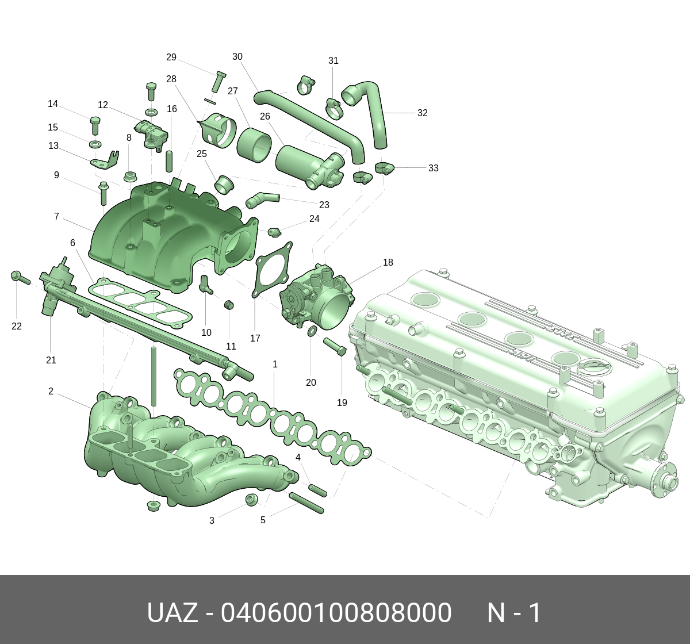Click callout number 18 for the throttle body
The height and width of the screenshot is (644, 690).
[x=388, y=262]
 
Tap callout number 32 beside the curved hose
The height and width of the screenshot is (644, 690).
[x=422, y=113]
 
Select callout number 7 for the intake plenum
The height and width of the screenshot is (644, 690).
[x=56, y=217]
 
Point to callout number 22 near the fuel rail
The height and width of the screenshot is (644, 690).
[x=16, y=327]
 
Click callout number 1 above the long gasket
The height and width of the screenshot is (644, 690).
[x=275, y=364]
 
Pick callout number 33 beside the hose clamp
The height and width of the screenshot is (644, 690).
[x=433, y=168]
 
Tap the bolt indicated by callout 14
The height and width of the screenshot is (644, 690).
[x=94, y=125]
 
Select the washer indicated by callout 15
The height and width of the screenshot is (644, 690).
[x=95, y=144]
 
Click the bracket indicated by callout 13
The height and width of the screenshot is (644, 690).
[x=104, y=160]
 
